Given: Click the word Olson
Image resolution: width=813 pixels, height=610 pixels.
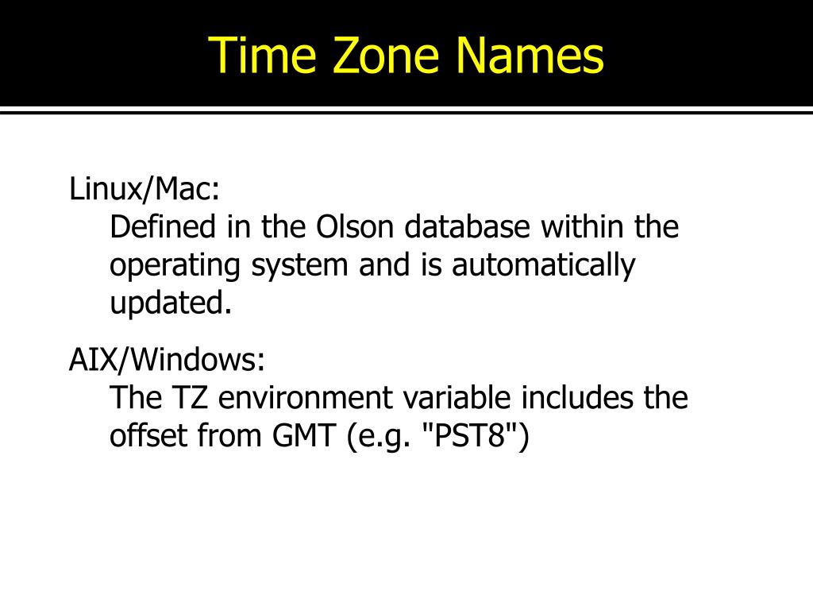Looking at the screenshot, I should (355, 228).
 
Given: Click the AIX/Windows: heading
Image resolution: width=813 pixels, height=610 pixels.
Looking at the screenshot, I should (167, 361).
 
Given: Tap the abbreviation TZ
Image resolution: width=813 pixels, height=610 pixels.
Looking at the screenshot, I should (191, 398).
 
